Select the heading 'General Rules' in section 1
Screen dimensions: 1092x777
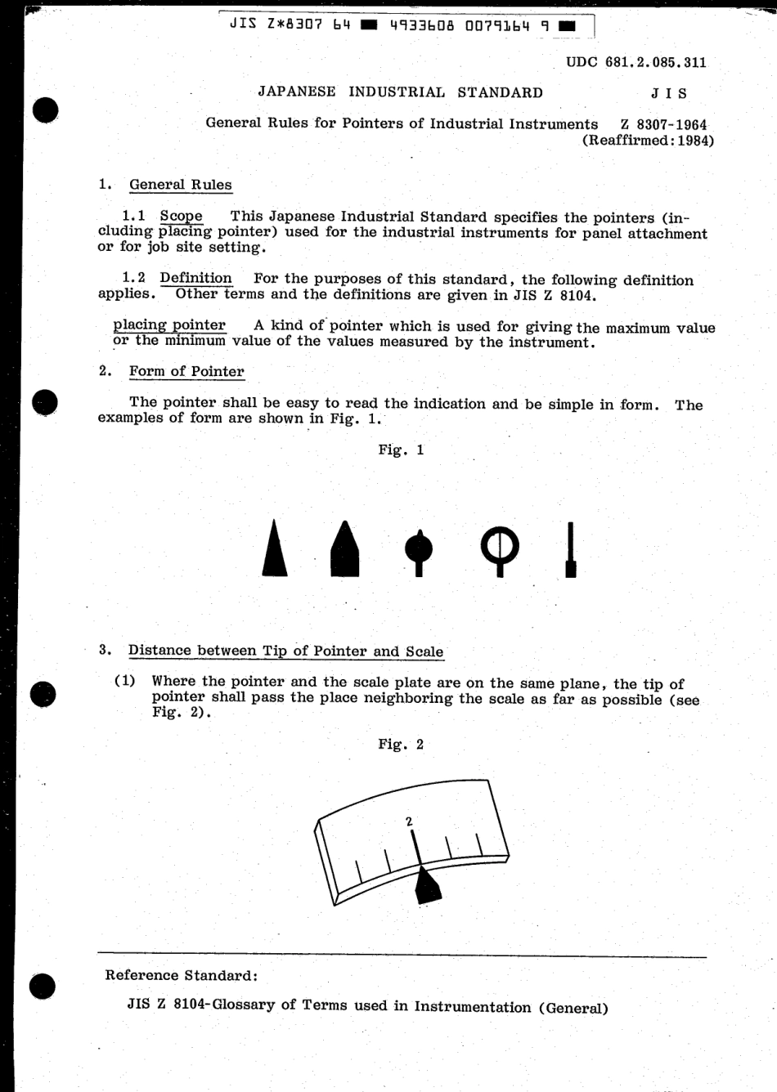(x=181, y=185)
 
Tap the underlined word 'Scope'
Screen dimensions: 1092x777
(x=181, y=217)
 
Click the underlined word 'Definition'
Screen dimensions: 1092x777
(x=195, y=278)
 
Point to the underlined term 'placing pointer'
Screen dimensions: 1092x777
(x=169, y=325)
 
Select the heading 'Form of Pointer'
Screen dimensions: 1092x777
(x=186, y=371)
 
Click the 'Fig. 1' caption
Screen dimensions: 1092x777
(x=401, y=450)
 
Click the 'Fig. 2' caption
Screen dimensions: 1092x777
(x=401, y=745)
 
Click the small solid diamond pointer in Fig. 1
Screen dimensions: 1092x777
(x=420, y=546)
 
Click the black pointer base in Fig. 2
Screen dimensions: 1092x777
(x=425, y=886)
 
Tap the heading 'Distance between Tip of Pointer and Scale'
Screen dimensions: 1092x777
(x=285, y=651)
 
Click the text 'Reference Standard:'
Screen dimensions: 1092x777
(x=182, y=975)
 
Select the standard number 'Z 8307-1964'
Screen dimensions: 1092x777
(x=663, y=124)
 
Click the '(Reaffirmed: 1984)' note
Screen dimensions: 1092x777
(x=648, y=141)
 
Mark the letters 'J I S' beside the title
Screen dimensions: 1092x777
(x=668, y=93)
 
